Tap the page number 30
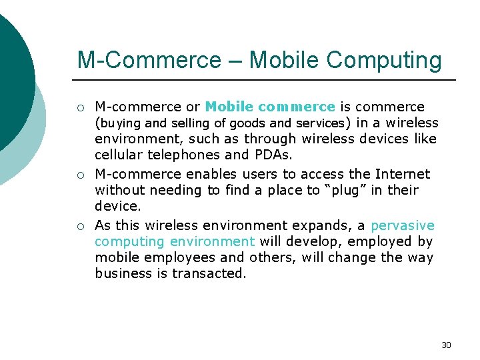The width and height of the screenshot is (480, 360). pyautogui.click(x=446, y=345)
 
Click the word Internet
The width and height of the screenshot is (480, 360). pyautogui.click(x=403, y=174)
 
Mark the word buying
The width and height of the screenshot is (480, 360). pyautogui.click(x=121, y=123)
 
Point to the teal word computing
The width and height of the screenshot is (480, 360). pyautogui.click(x=129, y=241)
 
